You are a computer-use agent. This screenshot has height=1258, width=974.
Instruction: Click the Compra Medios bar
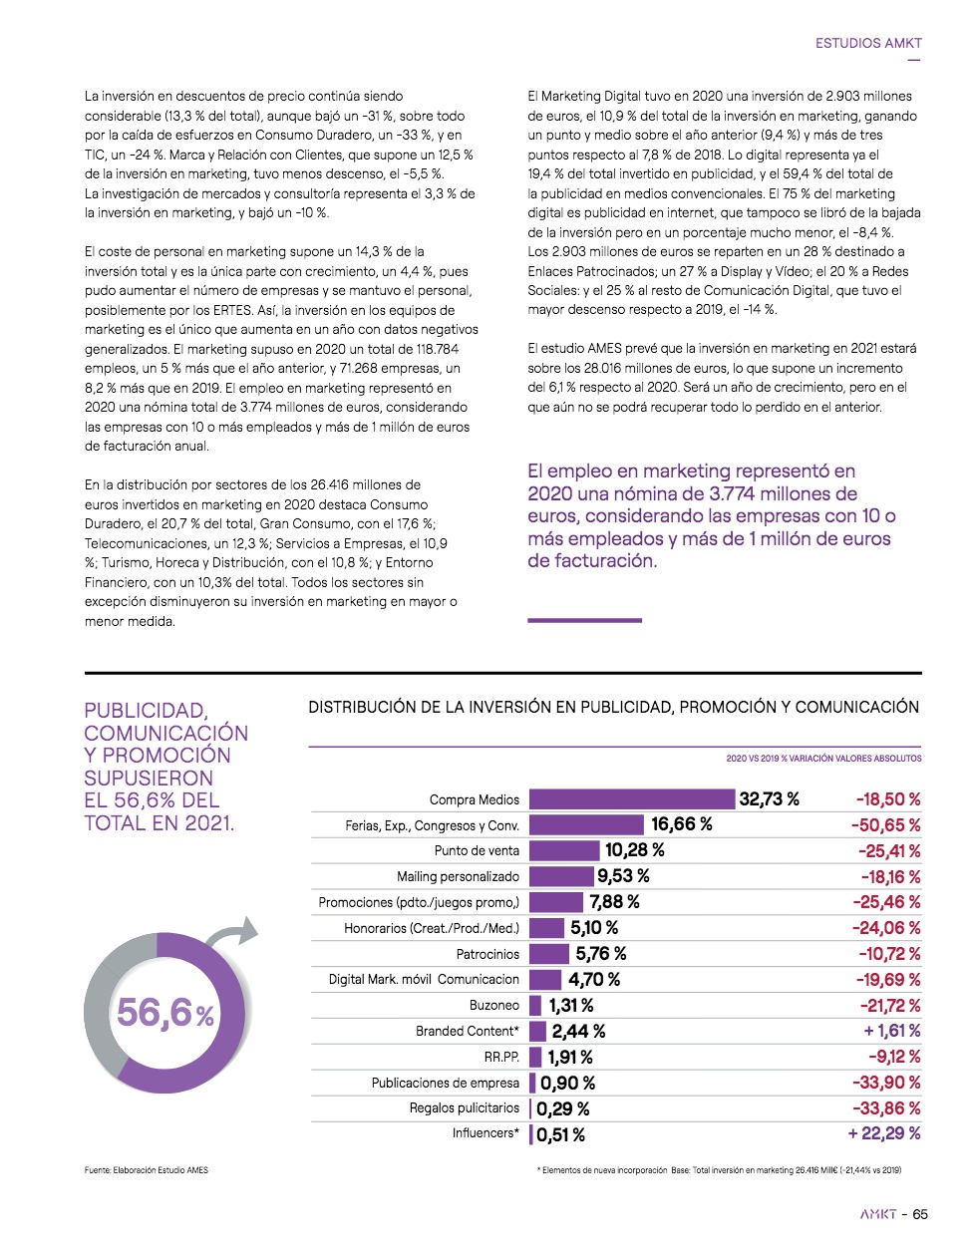631,799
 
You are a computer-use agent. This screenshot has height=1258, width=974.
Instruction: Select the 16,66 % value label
682,824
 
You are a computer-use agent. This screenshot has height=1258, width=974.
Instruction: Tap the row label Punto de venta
477,850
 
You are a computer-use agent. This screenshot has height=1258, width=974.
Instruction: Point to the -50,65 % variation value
885,825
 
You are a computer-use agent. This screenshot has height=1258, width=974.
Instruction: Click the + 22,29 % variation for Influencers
883,1133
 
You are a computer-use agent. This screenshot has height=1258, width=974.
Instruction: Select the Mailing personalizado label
458,876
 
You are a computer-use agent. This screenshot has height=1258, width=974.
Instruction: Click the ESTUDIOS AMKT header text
868,43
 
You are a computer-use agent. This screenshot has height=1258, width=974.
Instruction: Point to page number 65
920,1214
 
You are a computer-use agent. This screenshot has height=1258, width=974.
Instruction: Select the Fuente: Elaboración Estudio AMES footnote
147,1170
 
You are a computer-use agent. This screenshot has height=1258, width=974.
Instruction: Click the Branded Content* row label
468,1031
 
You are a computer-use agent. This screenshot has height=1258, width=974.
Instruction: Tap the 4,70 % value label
594,980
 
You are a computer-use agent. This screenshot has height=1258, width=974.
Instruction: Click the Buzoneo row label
494,1005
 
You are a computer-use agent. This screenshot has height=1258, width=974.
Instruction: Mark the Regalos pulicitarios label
465,1107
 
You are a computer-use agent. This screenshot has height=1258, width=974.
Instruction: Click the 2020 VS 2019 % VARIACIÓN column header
823,759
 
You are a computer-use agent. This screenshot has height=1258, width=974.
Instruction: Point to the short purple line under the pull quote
584,620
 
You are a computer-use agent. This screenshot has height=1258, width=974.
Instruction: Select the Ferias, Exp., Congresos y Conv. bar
586,824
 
